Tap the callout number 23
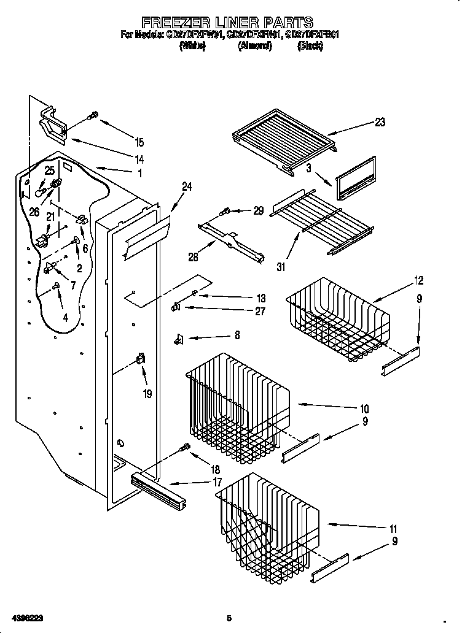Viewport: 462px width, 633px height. (380, 122)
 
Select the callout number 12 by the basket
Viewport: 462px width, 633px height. (418, 281)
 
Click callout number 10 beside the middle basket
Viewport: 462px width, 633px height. (364, 409)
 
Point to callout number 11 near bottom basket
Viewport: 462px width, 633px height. (393, 529)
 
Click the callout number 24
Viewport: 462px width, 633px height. (187, 187)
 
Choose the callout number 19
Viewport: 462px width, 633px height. (147, 394)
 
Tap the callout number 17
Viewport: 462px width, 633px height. (217, 483)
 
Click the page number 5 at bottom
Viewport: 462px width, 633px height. (229, 618)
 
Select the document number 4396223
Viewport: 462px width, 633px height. (25, 618)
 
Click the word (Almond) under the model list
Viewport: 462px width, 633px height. (254, 46)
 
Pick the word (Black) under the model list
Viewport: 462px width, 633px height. (310, 46)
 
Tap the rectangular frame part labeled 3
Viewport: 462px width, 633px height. (355, 178)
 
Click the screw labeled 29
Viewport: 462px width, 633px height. (225, 212)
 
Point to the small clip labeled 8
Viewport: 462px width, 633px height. (179, 337)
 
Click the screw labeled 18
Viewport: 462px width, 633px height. (183, 449)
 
